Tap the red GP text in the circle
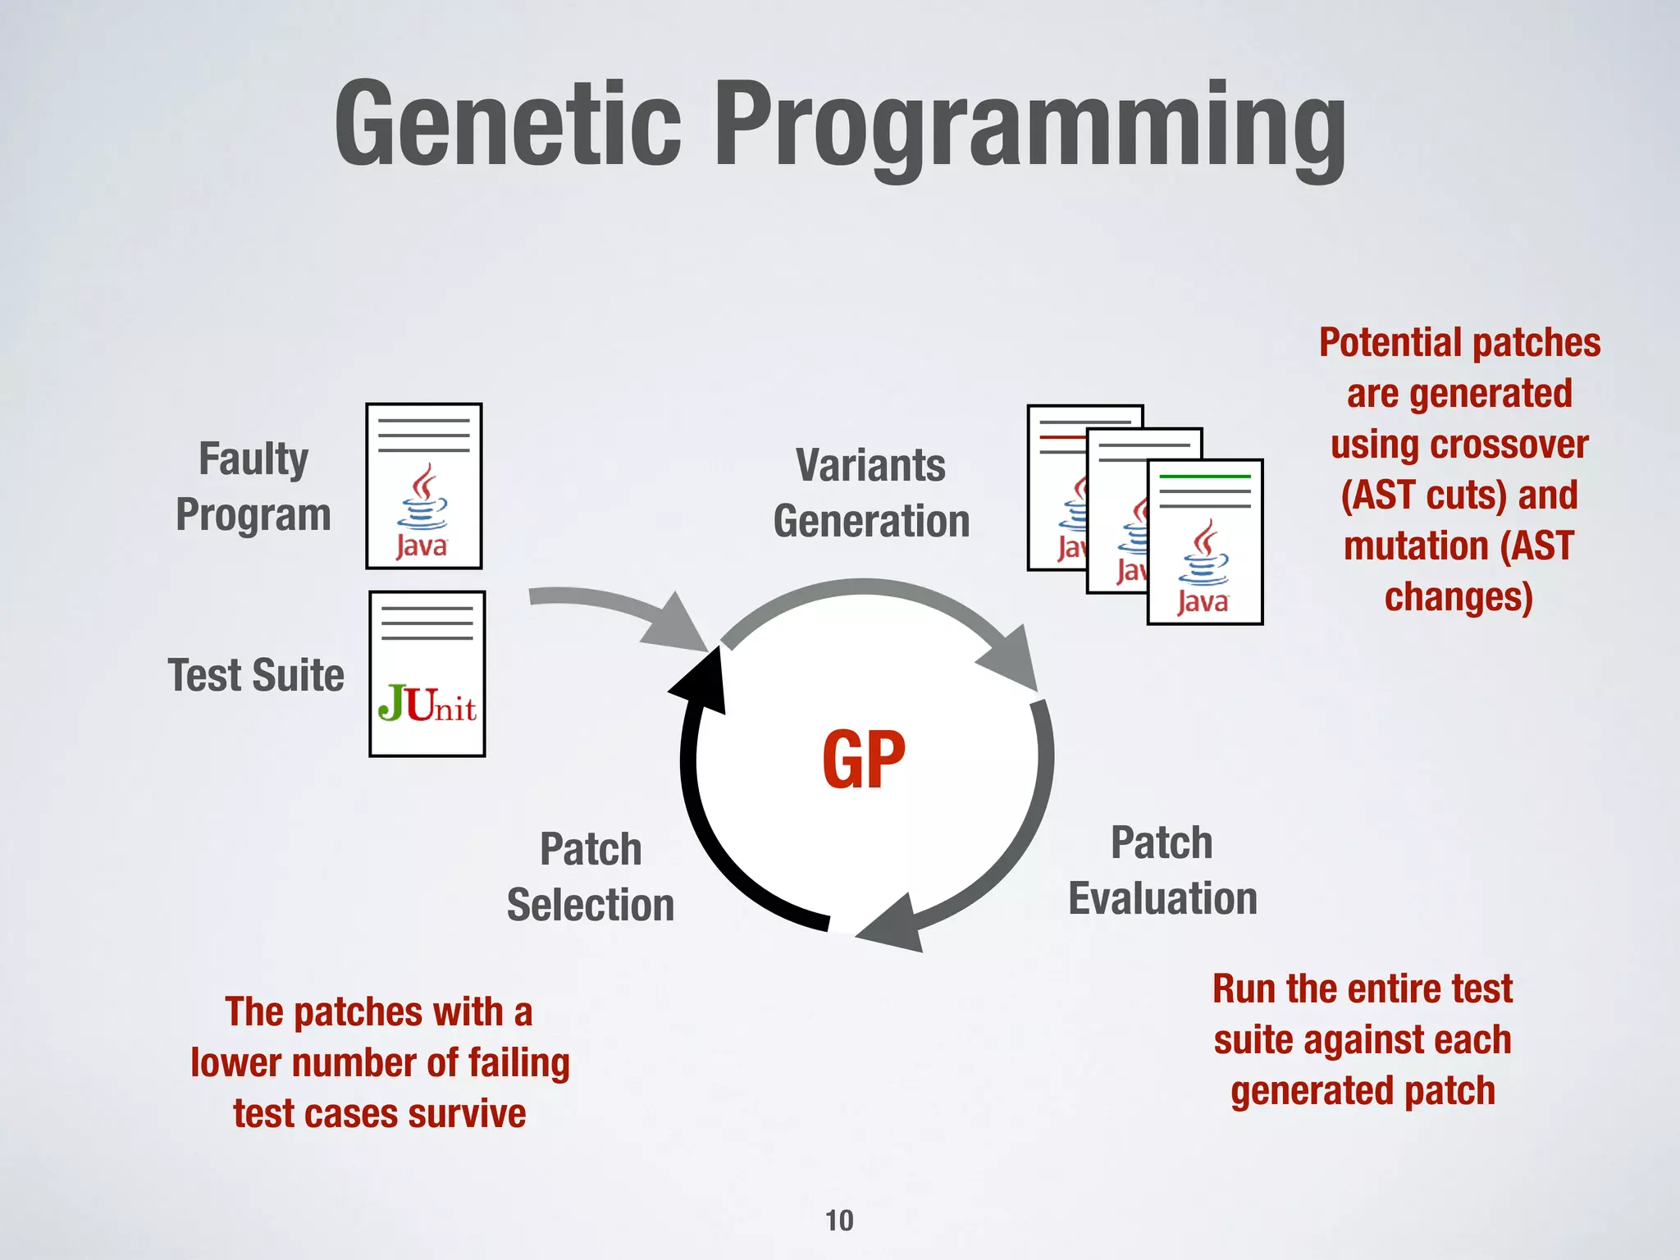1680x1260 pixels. pyautogui.click(x=864, y=760)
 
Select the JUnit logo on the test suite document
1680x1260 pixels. pyautogui.click(x=427, y=704)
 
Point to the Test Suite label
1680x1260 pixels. pyautogui.click(x=256, y=675)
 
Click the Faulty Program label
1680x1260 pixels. pyautogui.click(x=253, y=486)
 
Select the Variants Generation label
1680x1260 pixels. pyautogui.click(x=871, y=493)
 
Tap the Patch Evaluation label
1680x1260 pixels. pyautogui.click(x=1162, y=870)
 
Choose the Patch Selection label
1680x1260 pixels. pyautogui.click(x=591, y=877)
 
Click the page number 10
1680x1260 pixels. pyautogui.click(x=839, y=1221)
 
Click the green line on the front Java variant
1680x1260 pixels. pyautogui.click(x=1204, y=477)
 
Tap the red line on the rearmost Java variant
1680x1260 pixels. pyautogui.click(x=1062, y=438)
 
